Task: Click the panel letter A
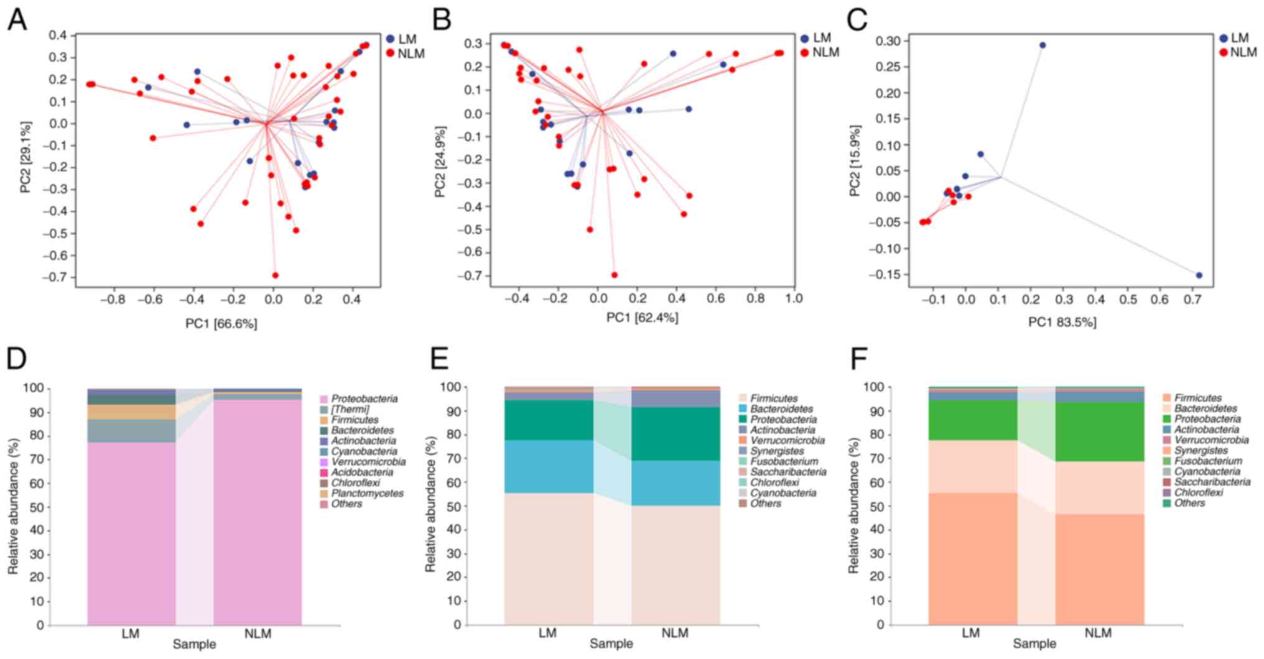tap(17, 20)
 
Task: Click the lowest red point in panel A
tap(275, 275)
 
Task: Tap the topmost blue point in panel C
tap(1043, 45)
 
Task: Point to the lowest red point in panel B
tap(615, 275)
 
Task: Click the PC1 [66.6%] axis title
tap(221, 323)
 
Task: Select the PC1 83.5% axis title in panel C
tap(1062, 322)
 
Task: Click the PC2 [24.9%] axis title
tap(440, 162)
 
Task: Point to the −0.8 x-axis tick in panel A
tap(112, 298)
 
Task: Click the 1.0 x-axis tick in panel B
tap(794, 298)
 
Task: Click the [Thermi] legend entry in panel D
tap(350, 409)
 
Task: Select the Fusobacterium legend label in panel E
tap(784, 461)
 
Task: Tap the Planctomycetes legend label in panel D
tap(367, 493)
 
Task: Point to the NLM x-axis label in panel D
tap(258, 634)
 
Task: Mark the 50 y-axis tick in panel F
tap(876, 507)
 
